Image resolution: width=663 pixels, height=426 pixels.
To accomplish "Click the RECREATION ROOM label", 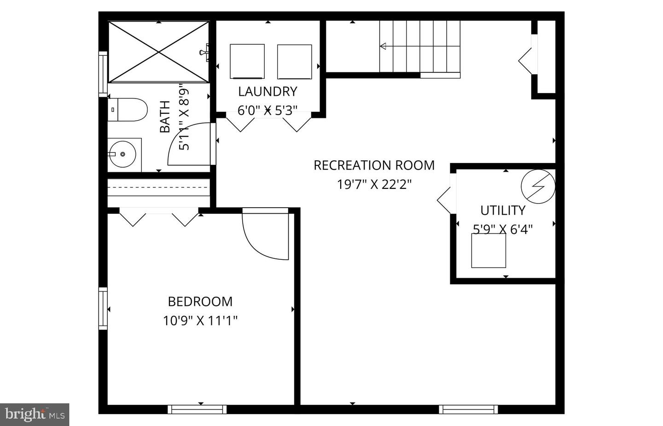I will pos(374,165).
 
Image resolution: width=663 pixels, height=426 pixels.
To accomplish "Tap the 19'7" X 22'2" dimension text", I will pos(374,185).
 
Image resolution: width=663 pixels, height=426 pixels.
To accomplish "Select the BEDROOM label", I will pos(200,302).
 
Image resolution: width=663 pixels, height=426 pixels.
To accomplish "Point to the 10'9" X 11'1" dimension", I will pos(200,321).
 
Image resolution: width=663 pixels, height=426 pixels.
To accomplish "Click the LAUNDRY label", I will pos(268,92).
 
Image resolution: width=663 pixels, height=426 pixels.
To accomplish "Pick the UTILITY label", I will pos(503,210).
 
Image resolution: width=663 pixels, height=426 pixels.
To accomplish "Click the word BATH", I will pos(165,117).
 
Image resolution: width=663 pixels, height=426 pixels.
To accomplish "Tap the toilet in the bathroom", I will pos(128,110).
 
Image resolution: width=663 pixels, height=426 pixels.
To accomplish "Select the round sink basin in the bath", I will pos(123,154).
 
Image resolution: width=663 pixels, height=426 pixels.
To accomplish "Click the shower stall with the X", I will pos(158,52).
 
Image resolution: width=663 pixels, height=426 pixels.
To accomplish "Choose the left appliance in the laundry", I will pos(247,61).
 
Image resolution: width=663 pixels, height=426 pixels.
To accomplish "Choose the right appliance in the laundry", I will pos(295,62).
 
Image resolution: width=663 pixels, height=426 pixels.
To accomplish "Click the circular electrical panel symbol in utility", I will pos(537,187).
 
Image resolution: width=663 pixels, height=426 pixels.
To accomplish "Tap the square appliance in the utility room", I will pos(489,251).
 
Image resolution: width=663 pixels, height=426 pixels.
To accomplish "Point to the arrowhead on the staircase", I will pos(383,46).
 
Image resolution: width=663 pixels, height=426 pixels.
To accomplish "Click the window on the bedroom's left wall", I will pos(103,308).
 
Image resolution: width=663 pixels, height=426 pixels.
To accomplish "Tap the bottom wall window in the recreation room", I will pos(468,409).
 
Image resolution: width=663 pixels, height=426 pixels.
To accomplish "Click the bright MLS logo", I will pos(35,414).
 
